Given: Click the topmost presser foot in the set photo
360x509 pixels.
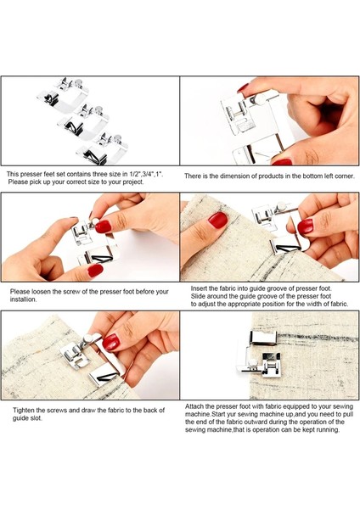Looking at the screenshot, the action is [64, 92].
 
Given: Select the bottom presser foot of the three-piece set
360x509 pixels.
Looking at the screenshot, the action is [103, 149].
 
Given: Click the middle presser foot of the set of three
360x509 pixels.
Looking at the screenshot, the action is [83, 120].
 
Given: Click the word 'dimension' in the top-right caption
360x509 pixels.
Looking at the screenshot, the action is [235, 176].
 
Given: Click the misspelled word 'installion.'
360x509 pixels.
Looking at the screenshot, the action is [24, 299].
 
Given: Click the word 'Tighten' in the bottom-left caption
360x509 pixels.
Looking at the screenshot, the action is [24, 411].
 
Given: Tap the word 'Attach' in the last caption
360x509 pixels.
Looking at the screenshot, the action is [194, 406].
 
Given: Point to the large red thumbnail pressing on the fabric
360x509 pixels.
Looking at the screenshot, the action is [217, 220].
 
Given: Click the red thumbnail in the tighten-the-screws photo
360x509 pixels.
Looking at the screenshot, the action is [110, 342].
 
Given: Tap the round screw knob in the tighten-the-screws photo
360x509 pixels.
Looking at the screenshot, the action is [88, 338].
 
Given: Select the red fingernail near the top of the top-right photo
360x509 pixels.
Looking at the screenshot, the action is [243, 87].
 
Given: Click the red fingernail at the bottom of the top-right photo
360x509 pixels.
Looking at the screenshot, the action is [282, 162].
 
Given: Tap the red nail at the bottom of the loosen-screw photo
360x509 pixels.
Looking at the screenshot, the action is [95, 271].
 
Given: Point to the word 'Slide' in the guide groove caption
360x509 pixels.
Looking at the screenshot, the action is [198, 296].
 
